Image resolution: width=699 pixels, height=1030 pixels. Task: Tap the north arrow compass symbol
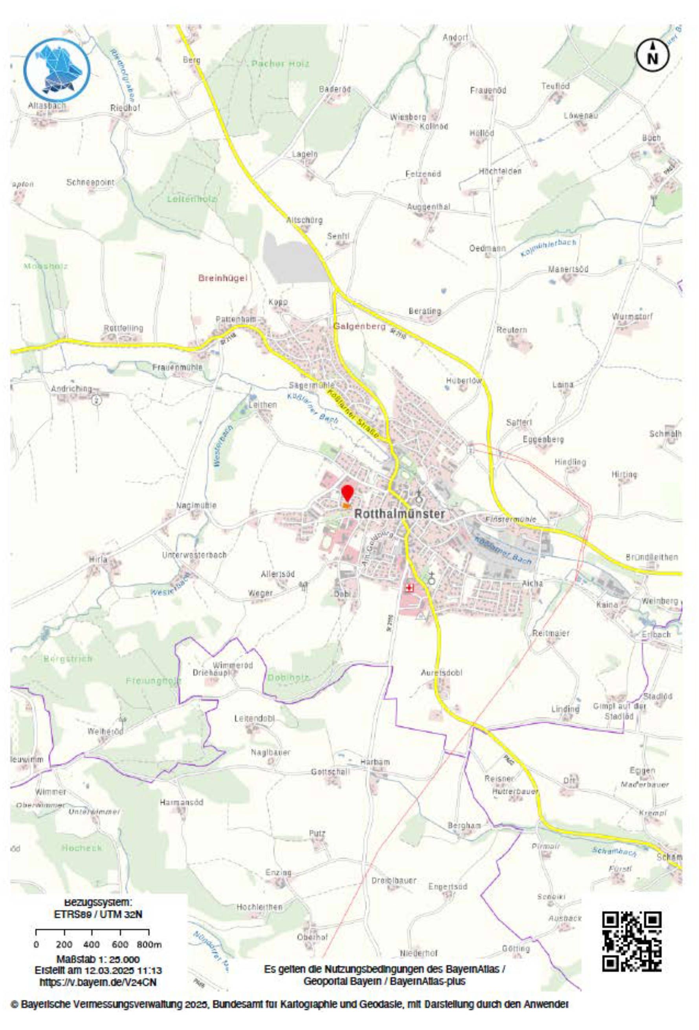pyautogui.click(x=653, y=55)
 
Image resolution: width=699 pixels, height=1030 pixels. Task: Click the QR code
pyautogui.click(x=632, y=940)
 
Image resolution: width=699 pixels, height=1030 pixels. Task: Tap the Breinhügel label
pyautogui.click(x=222, y=279)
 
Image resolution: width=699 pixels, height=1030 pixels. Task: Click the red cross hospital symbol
pyautogui.click(x=409, y=588)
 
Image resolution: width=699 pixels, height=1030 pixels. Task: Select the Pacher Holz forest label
pyautogui.click(x=280, y=64)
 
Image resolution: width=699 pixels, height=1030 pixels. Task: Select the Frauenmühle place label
pyautogui.click(x=177, y=367)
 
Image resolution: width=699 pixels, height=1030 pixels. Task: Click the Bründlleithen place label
pyautogui.click(x=651, y=557)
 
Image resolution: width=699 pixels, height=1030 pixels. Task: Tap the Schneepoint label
pyautogui.click(x=90, y=182)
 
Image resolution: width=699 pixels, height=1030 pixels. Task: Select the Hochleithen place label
pyautogui.click(x=259, y=907)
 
